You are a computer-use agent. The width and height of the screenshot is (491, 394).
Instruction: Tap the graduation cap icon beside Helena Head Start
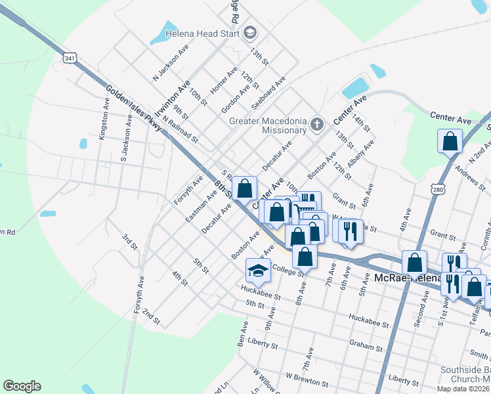(249, 32)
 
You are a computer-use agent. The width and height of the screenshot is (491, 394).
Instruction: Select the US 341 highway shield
(70, 59)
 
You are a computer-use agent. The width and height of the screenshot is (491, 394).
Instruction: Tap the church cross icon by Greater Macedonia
(317, 124)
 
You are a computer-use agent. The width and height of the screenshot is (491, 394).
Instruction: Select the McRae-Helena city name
(401, 278)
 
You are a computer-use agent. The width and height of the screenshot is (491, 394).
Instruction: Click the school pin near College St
(258, 271)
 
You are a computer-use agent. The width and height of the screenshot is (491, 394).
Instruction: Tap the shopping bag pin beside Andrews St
(450, 141)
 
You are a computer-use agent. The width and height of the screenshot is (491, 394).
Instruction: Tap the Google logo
(22, 386)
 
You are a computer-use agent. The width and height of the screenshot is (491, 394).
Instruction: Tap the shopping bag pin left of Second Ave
(414, 263)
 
